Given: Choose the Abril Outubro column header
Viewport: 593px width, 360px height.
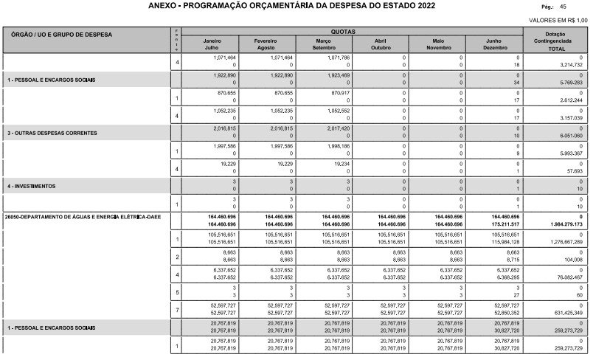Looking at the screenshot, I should pos(381,44).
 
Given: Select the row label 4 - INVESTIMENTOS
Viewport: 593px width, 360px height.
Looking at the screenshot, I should pos(31,187).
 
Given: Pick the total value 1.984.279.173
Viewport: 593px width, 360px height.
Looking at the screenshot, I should pos(561,223).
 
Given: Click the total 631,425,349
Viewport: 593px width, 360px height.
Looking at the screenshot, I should pos(562,312).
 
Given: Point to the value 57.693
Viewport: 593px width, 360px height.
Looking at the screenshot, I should pos(572,170).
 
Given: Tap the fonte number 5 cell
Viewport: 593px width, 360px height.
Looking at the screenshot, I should pos(177,290).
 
